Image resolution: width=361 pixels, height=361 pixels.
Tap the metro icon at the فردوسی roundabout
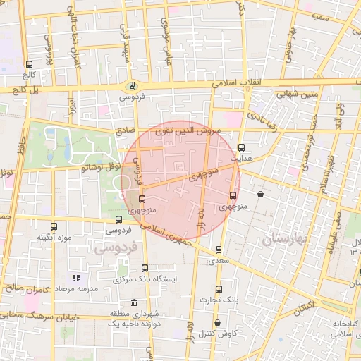coord(130,86)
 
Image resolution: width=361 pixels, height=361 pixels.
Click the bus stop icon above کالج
coord(29,64)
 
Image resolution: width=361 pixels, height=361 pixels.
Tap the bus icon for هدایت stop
coord(243,148)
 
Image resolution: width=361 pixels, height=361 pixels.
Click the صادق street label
coord(125,130)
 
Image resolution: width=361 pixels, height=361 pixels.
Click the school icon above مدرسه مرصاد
coord(76,279)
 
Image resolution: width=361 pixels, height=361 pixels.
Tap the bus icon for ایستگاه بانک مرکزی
coord(145,268)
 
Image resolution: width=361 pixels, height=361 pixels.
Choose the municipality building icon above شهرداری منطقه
coord(134,302)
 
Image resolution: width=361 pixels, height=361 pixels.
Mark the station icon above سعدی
coord(219,250)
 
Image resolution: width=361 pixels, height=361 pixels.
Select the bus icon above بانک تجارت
coord(219,290)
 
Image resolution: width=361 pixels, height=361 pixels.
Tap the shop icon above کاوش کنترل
coord(217,323)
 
